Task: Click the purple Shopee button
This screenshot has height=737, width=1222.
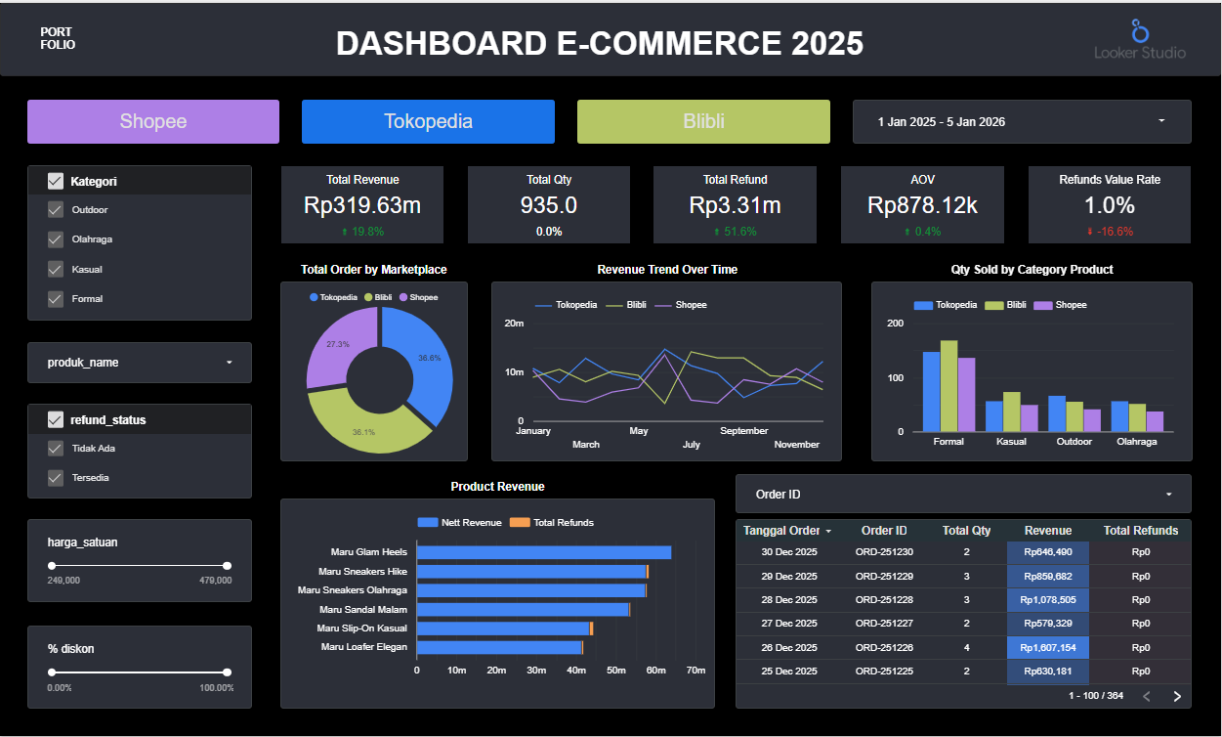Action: [153, 122]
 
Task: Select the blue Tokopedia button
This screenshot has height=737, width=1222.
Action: [428, 122]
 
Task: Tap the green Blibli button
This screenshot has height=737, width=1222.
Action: [703, 122]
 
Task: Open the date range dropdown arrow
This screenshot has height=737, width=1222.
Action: [1161, 120]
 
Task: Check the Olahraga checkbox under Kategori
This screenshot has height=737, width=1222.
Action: [56, 239]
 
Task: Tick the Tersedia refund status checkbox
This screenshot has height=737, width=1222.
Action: [56, 478]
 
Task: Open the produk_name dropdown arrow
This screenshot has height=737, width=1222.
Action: [230, 363]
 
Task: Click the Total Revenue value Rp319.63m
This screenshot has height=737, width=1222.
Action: [362, 205]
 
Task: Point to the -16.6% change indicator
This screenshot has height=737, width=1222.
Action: [1110, 232]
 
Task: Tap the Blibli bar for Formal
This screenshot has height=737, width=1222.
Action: [949, 386]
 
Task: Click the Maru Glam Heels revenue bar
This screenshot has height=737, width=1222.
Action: [544, 552]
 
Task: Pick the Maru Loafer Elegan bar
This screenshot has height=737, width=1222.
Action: [500, 647]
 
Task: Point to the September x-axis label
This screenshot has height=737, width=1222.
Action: [743, 431]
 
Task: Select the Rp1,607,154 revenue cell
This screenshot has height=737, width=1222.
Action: [1048, 647]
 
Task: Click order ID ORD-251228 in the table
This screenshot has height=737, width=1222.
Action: [884, 600]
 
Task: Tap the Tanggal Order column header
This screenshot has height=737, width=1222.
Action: [781, 531]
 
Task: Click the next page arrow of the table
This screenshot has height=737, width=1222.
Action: [1177, 696]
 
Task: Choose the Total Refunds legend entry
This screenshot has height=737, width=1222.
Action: [552, 523]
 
